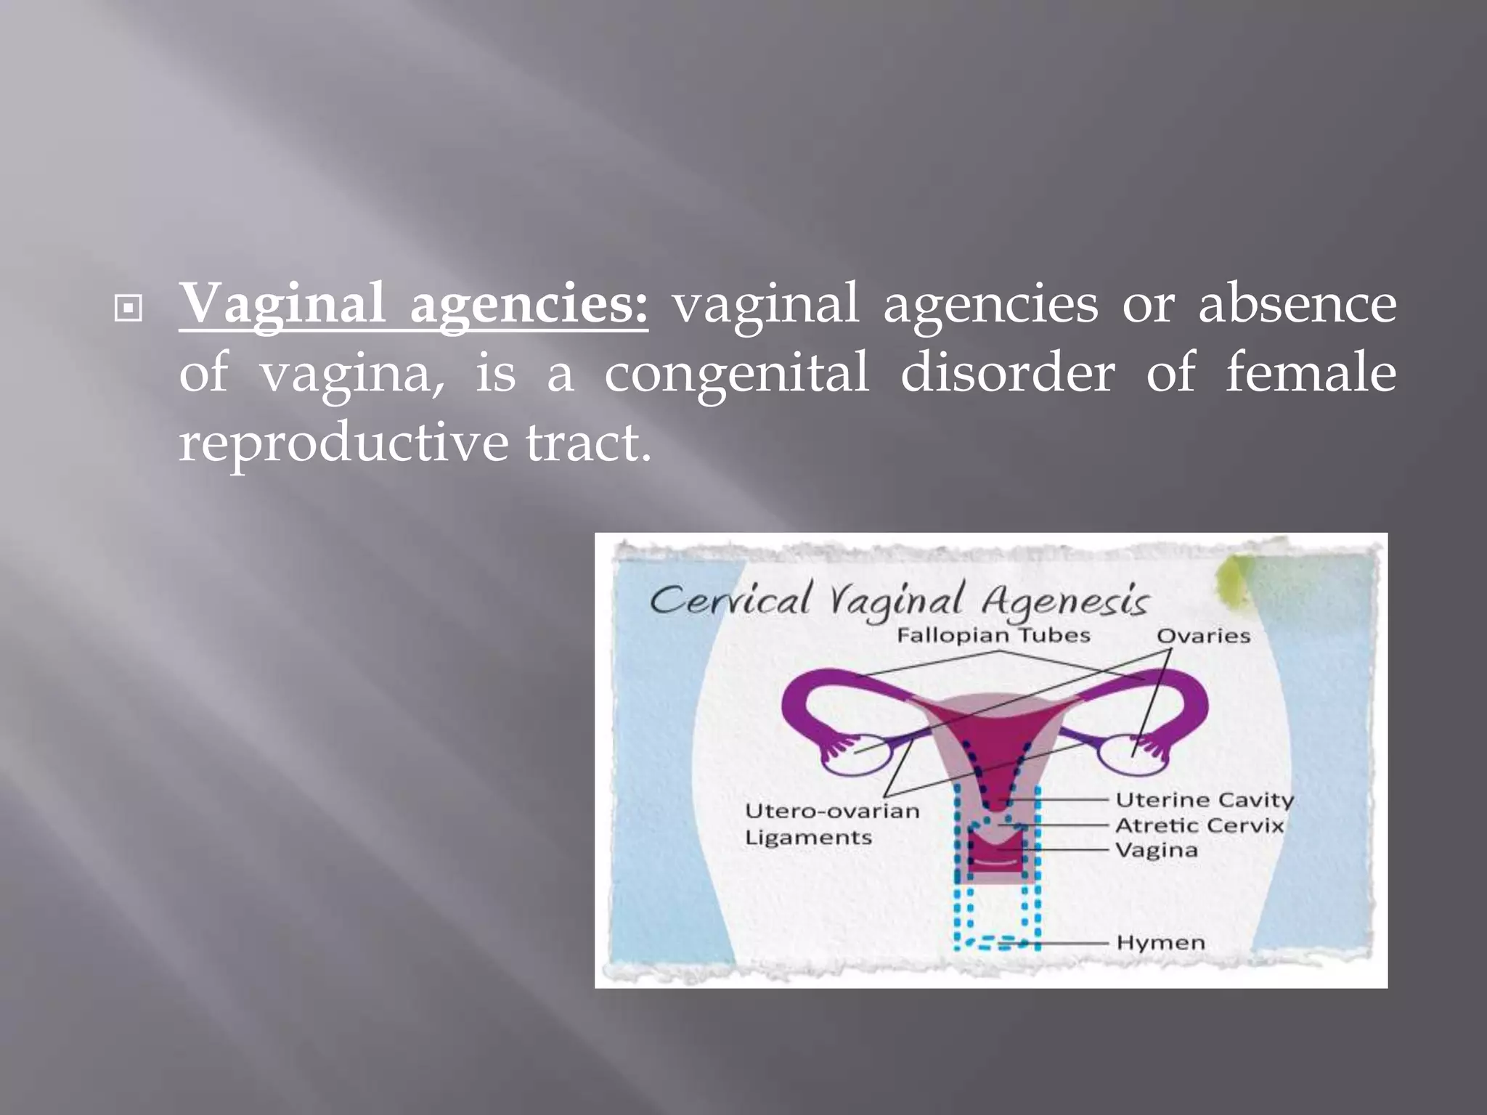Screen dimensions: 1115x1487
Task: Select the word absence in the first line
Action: click(1297, 303)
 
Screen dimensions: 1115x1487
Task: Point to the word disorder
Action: click(1007, 373)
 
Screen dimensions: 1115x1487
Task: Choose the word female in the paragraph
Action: click(1311, 373)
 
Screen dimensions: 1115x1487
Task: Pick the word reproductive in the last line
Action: click(343, 443)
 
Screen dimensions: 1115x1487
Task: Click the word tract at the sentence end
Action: click(587, 443)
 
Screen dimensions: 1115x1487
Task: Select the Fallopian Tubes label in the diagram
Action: click(993, 636)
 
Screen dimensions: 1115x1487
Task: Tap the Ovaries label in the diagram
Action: click(1203, 637)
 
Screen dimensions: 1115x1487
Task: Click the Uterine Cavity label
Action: click(1205, 800)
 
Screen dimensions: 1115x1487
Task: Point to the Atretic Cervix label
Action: click(1199, 825)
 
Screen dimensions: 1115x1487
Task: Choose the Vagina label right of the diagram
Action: click(1157, 850)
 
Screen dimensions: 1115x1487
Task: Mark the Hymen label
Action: click(1160, 943)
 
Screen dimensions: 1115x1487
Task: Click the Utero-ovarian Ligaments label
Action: click(832, 824)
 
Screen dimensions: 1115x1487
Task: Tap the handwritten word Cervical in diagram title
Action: click(729, 602)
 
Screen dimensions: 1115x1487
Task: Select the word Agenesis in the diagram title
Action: click(1065, 602)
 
